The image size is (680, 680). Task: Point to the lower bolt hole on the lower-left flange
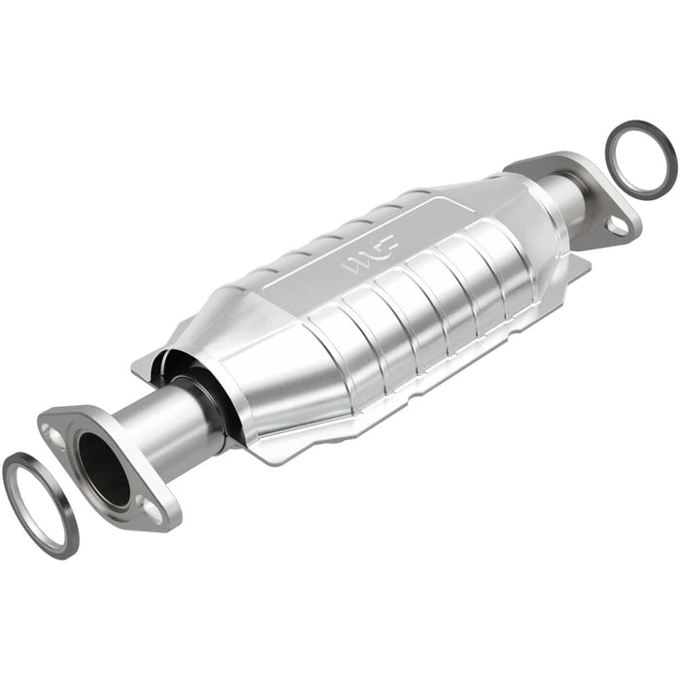[x=151, y=505]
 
